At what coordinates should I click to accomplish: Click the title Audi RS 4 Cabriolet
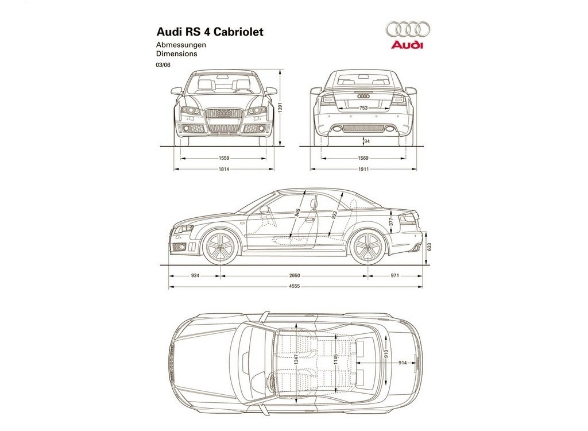click(210, 32)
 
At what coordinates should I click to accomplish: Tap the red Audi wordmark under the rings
click(407, 45)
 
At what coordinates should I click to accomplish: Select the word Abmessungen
click(181, 45)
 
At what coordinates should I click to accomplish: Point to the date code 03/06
click(163, 64)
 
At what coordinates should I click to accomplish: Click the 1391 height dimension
click(279, 108)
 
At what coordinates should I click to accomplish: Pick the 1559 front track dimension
click(224, 159)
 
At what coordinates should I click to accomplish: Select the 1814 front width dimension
click(224, 170)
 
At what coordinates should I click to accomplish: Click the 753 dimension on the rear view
click(363, 108)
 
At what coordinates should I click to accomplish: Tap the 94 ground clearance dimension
click(367, 141)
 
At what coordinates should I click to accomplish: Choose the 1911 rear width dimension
click(363, 170)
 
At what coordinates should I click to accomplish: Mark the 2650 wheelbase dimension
click(295, 276)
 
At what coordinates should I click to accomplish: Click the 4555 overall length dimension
click(295, 287)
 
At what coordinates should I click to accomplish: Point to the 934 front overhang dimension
click(195, 276)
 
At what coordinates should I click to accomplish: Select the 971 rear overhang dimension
click(395, 276)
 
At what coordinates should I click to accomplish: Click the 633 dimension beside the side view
click(430, 247)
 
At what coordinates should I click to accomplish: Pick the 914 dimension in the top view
click(403, 363)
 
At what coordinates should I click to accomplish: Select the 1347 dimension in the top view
click(296, 359)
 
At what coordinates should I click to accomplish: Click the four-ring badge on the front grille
click(224, 113)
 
